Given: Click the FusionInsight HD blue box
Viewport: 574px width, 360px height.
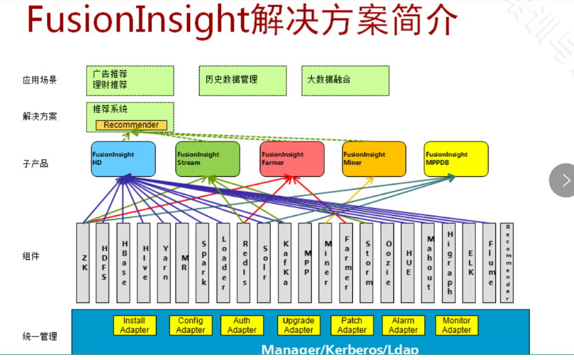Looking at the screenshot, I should [123, 159].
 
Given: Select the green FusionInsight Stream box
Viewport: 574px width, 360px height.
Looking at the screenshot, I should [208, 159].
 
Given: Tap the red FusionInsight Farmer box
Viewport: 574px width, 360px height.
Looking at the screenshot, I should [292, 159].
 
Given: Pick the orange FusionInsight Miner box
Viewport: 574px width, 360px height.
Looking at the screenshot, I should [374, 159].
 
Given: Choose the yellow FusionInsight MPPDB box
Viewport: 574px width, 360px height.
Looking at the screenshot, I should [456, 159].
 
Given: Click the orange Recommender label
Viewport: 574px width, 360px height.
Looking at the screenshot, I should [131, 125].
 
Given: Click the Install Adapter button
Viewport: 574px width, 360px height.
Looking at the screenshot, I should [134, 326].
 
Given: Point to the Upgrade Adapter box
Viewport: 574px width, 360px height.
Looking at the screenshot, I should [298, 326].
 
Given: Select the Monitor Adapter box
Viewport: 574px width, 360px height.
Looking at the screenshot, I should [456, 326].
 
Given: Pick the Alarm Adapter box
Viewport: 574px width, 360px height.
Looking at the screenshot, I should [403, 326].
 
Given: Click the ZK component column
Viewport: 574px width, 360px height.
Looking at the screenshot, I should [83, 262].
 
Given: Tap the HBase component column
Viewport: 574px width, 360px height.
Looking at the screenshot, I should [124, 262].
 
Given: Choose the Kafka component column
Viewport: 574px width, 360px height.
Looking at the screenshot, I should [285, 262].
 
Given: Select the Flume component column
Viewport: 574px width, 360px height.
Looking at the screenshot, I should [488, 262].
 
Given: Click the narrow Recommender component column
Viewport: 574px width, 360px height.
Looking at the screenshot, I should [507, 262].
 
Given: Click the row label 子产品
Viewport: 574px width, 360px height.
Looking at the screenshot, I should [35, 164].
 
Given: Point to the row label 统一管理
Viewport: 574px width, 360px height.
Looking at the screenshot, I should [39, 337].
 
